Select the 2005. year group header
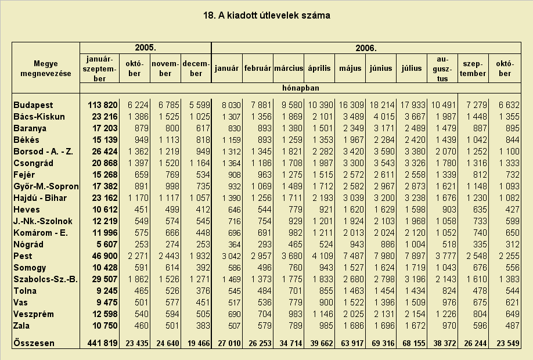[146, 48]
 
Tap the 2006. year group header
[366, 48]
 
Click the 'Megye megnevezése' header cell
[46, 69]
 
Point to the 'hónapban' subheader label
[301, 88]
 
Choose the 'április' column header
[319, 69]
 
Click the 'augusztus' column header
[442, 69]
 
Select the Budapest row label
[33, 105]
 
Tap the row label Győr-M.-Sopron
[46, 186]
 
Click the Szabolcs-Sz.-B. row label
[45, 279]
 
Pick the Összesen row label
[34, 343]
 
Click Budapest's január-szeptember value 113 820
[103, 105]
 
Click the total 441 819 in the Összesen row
[103, 343]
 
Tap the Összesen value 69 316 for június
[383, 343]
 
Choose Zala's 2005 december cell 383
[203, 326]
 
